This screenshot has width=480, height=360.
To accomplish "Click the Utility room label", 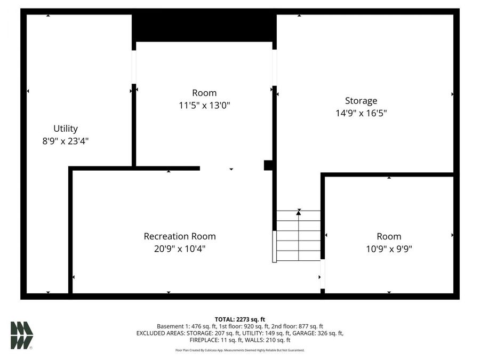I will point(66,129).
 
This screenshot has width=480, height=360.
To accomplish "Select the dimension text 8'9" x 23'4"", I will point(66,141).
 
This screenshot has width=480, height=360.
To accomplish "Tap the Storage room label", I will point(361,100).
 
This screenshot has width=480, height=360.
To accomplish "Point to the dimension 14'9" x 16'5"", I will point(361,113).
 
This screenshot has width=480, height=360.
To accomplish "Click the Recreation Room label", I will point(180,236).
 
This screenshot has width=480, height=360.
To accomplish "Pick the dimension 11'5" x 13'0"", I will point(204,106).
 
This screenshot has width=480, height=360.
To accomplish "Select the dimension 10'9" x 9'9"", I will point(388,249).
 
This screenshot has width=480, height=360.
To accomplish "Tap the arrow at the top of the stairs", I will point(299,212).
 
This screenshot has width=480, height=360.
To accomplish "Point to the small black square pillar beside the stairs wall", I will point(268,165).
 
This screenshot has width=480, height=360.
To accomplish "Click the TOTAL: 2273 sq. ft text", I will point(239,319).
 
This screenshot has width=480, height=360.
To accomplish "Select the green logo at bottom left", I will point(21,335).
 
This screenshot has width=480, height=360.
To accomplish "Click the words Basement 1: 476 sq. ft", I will point(182,326).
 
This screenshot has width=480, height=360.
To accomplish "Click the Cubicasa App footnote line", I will point(239,350).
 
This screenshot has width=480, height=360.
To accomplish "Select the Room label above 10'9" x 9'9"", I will point(388,236).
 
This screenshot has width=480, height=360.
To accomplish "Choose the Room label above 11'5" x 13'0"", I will point(204,93).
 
